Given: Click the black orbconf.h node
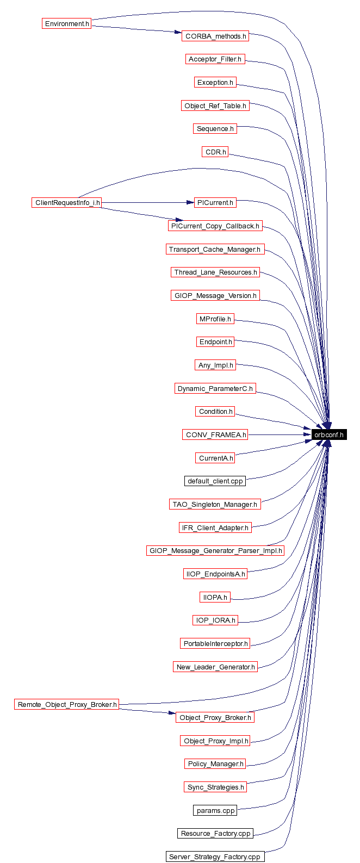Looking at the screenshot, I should click(x=329, y=434).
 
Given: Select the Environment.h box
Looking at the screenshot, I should click(x=67, y=24).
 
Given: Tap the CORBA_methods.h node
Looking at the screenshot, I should click(x=215, y=36).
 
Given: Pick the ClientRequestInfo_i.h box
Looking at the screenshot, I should click(x=67, y=203).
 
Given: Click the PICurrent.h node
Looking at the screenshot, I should click(x=215, y=203).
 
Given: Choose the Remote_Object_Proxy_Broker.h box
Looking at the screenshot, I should click(x=67, y=704).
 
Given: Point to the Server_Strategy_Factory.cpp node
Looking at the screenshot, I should click(x=215, y=856).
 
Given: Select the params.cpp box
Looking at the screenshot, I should click(x=215, y=810).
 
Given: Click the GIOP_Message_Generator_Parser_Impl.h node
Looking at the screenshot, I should click(x=216, y=550).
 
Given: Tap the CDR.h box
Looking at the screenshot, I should click(x=215, y=152).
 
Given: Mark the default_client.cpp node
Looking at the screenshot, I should click(x=215, y=481).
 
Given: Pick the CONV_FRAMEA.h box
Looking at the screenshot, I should click(x=215, y=434).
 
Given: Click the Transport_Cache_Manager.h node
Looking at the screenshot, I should click(x=215, y=249).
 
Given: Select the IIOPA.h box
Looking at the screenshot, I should click(x=215, y=597).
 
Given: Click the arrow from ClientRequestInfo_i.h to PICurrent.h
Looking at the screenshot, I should click(x=147, y=203).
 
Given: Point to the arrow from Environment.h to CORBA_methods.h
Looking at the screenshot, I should click(x=136, y=29).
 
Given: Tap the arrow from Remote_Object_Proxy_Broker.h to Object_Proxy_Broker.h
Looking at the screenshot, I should click(x=147, y=710).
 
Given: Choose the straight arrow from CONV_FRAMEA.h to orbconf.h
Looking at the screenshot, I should click(x=280, y=434).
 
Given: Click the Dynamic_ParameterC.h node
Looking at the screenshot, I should click(x=215, y=388).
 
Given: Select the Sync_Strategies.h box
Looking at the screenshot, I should click(x=215, y=787).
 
